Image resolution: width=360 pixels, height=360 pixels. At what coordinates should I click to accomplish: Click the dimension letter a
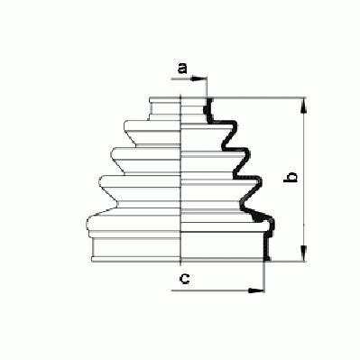tap(182, 69)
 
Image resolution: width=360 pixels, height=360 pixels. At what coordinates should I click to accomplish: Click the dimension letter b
tap(291, 177)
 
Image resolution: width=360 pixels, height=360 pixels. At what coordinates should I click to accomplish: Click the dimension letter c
tap(184, 279)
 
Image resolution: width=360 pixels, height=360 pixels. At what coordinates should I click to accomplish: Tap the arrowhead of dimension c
tap(256, 291)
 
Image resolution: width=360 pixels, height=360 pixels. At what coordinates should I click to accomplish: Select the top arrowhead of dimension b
tap(304, 106)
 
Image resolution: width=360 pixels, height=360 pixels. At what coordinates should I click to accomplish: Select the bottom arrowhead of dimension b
tap(304, 254)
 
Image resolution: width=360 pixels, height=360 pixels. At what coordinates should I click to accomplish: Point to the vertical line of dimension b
tap(304, 180)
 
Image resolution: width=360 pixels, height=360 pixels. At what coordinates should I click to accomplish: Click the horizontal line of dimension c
tap(217, 291)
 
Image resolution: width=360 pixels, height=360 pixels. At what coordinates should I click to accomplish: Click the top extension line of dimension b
tap(258, 97)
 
